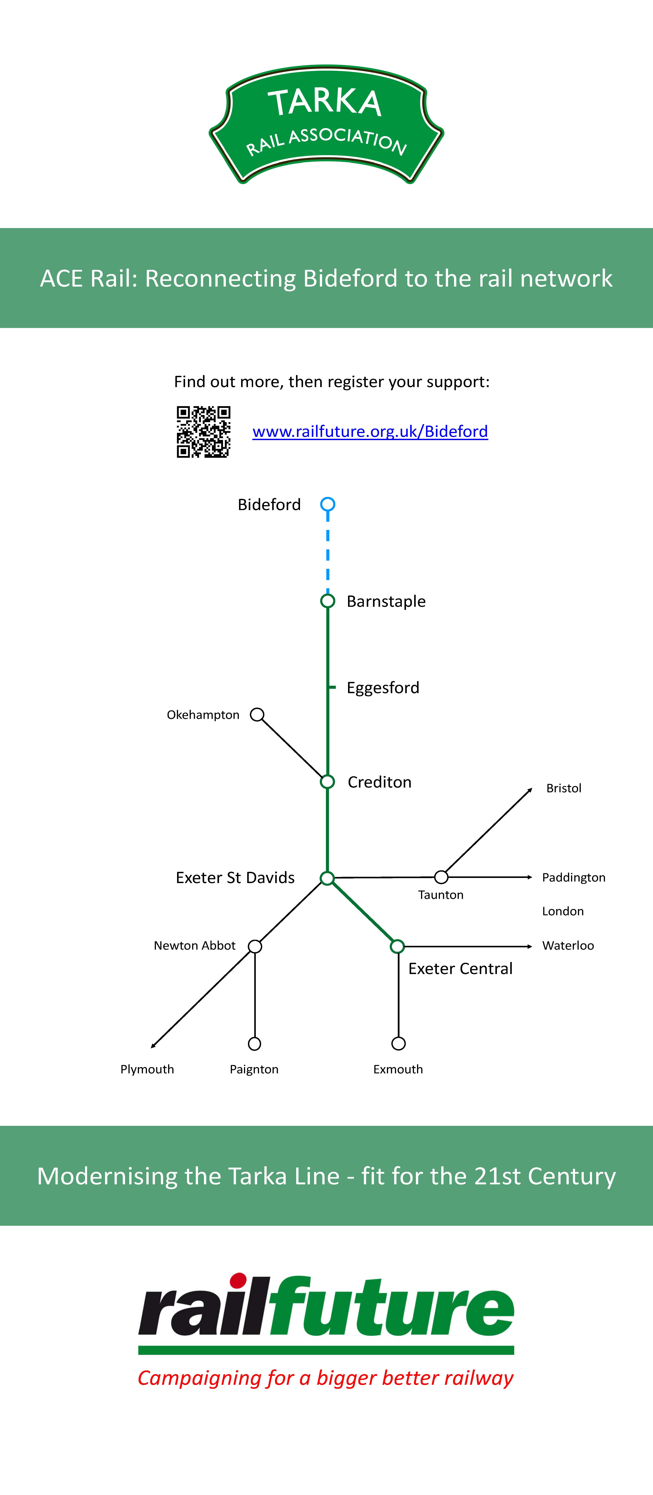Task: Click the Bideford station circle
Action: tap(328, 504)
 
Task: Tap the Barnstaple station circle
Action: tap(328, 601)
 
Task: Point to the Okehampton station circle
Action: tap(257, 715)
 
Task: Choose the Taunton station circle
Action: tap(441, 877)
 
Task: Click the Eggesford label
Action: tap(383, 688)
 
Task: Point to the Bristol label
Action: tap(564, 788)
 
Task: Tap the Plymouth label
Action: tap(147, 1069)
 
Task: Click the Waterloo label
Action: tap(568, 945)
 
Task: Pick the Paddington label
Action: tap(574, 878)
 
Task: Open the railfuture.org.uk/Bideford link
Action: tap(370, 431)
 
